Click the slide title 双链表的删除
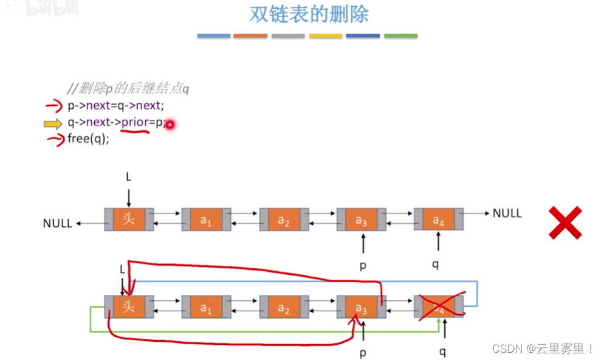point(308,15)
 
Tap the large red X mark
point(565,223)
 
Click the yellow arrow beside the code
point(53,124)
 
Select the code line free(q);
point(88,139)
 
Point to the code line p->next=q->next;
point(115,106)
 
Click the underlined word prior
point(135,122)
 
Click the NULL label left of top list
point(58,223)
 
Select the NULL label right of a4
point(507,213)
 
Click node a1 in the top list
point(207,220)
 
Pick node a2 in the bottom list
point(284,308)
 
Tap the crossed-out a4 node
point(439,307)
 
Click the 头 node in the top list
point(129,220)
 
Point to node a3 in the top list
point(362,220)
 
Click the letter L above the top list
point(129,177)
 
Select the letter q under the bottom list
point(442,351)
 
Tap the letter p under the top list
point(363,265)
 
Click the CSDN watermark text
point(543,348)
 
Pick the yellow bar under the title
point(325,36)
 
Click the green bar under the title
point(400,36)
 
